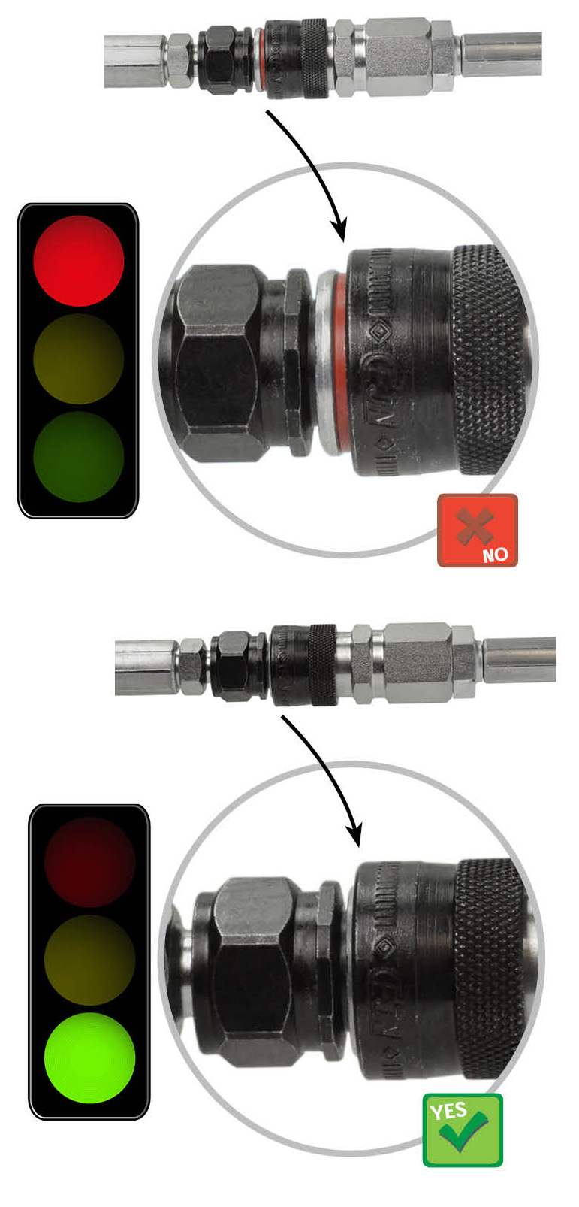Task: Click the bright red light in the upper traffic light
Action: (78, 261)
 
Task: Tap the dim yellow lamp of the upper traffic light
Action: (78, 358)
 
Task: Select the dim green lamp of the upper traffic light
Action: (78, 455)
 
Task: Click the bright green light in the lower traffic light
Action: (89, 1057)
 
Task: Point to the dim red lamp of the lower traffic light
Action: (89, 862)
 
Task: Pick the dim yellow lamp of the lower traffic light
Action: (89, 960)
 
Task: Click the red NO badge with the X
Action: (478, 530)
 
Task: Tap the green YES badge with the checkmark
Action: (463, 1130)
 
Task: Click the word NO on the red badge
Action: (495, 555)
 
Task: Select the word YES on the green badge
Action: (448, 1111)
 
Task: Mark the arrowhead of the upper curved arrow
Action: (340, 229)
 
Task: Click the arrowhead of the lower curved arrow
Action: (355, 832)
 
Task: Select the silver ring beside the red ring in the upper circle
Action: (325, 361)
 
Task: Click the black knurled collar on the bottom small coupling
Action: (323, 665)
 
